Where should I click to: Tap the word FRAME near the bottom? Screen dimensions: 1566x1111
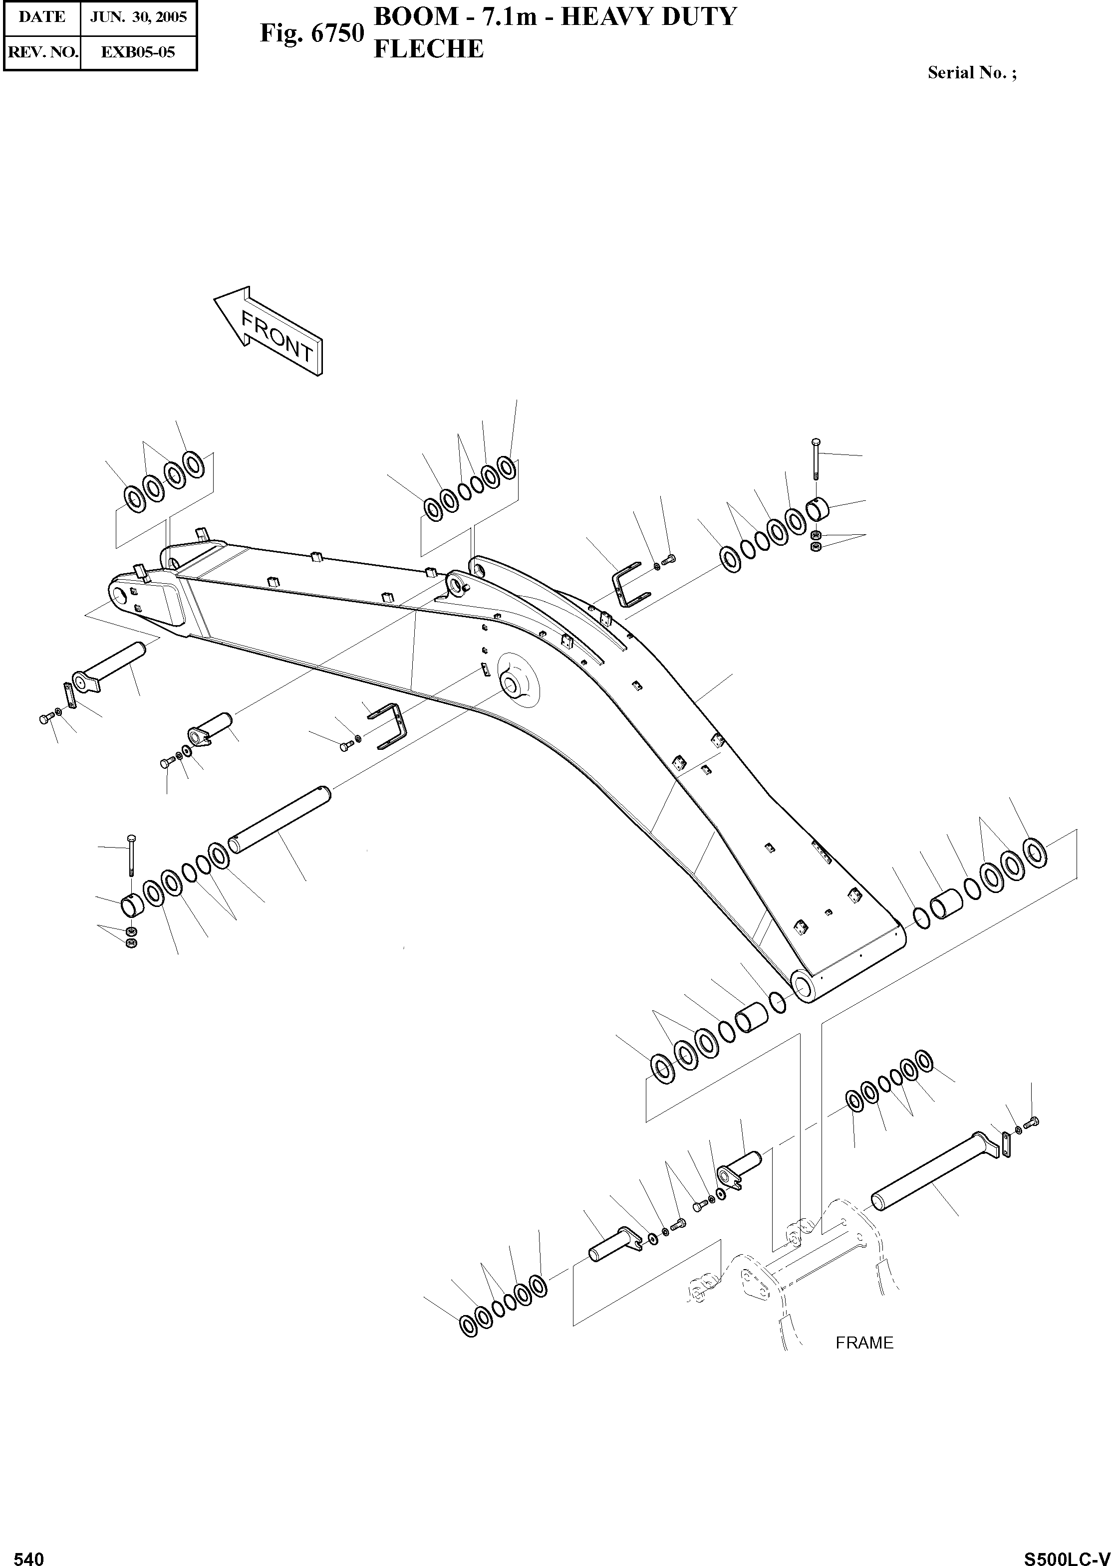864,1342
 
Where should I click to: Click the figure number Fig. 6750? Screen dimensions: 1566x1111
311,33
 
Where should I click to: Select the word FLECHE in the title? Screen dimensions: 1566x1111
429,49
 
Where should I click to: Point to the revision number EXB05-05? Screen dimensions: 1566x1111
138,52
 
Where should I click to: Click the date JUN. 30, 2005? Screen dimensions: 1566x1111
138,16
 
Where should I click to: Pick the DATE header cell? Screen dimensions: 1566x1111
42,16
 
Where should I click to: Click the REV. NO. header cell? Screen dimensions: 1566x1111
42,52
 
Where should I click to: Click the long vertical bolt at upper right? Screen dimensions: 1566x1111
816,461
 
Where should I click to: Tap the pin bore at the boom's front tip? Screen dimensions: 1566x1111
122,594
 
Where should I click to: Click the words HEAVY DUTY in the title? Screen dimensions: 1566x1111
648,16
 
